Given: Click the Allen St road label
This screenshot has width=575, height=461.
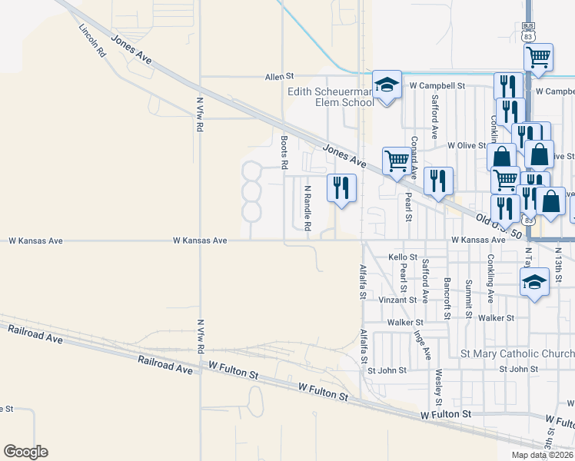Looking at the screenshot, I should pyautogui.click(x=280, y=77).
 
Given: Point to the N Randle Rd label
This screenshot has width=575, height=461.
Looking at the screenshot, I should pyautogui.click(x=307, y=208).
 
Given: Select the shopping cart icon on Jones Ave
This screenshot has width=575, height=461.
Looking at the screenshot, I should pyautogui.click(x=397, y=162).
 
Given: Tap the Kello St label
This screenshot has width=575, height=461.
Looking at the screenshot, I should pyautogui.click(x=403, y=257).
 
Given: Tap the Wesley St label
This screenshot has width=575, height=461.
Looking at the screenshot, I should pyautogui.click(x=437, y=387).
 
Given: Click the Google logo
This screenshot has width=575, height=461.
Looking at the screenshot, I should pyautogui.click(x=25, y=452).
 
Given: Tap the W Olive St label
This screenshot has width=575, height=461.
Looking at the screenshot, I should pyautogui.click(x=467, y=144).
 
